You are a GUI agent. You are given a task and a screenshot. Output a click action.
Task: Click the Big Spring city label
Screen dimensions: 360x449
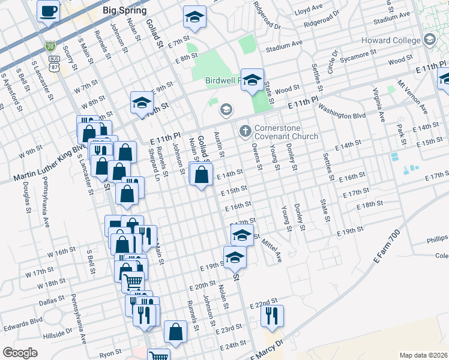124,10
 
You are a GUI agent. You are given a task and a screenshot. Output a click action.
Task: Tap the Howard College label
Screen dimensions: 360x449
391,40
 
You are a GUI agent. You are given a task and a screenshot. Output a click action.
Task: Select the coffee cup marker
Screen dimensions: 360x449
48,10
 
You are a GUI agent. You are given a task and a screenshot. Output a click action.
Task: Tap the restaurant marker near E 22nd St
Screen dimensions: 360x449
272,315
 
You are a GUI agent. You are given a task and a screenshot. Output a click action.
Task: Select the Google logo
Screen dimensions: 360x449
20,353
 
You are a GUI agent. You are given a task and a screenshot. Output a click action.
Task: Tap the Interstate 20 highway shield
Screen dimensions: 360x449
50,45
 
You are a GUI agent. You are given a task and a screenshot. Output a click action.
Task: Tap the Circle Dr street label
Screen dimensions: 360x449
332,62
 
